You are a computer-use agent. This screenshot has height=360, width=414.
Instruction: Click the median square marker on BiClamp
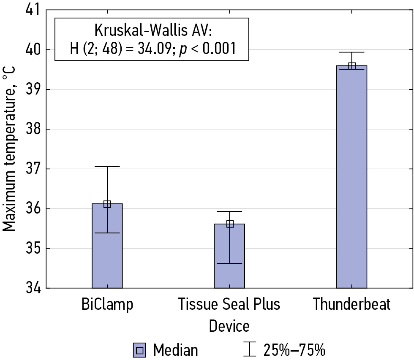(107, 204)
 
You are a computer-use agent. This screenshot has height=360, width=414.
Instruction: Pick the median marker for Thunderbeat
(351, 66)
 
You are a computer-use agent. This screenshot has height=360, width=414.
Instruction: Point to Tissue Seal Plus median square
(230, 224)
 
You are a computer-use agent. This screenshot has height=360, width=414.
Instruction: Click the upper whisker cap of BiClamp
(107, 167)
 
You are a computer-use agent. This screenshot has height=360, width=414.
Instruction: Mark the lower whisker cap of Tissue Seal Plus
(229, 263)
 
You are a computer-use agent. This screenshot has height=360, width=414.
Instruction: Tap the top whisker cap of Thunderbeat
(351, 52)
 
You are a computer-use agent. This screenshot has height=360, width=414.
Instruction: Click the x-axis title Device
(229, 326)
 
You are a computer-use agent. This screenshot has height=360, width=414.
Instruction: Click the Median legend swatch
(140, 350)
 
